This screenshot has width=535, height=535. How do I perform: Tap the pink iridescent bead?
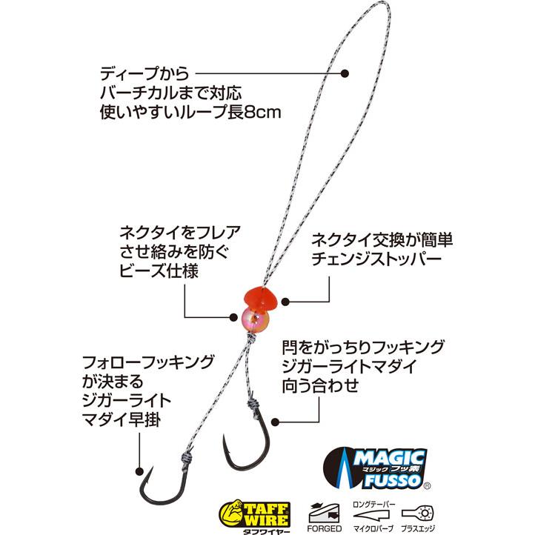(255, 319)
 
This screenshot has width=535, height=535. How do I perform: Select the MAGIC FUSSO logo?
(376, 468)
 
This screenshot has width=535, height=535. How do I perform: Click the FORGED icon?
(324, 517)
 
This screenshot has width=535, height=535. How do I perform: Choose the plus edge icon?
(418, 518)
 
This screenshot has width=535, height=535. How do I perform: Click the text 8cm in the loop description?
(263, 113)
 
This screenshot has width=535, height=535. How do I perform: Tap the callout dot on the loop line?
(345, 73)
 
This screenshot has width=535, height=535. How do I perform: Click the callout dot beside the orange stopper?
(285, 302)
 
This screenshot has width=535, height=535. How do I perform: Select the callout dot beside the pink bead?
(233, 317)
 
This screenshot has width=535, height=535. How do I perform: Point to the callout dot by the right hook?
(276, 422)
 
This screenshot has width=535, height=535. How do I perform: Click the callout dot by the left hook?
(139, 471)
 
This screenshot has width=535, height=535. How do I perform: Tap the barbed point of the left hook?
(151, 468)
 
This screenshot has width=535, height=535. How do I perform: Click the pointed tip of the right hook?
(224, 436)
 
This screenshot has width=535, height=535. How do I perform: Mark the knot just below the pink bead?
(251, 339)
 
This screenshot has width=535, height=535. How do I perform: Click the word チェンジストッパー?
(376, 259)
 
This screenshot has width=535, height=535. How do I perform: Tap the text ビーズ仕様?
(159, 271)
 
